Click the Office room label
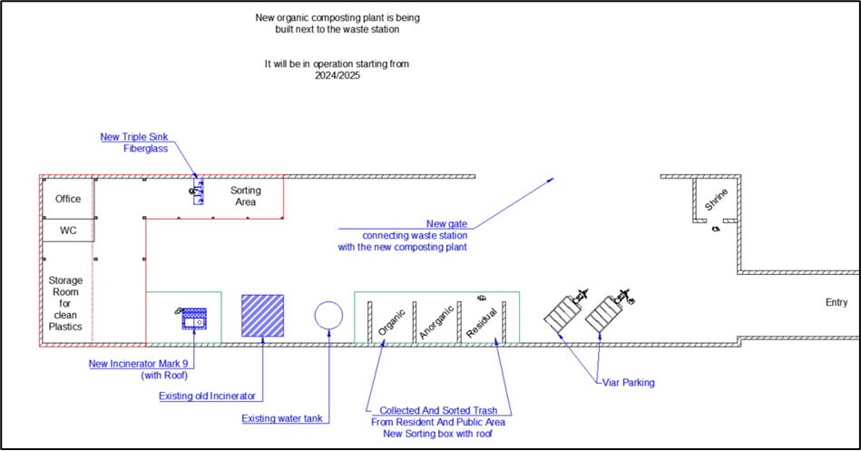[68, 199]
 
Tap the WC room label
[68, 230]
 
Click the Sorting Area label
[243, 196]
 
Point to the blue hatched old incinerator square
[263, 316]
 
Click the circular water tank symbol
[328, 315]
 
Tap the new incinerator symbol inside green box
[194, 318]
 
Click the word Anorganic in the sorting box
[436, 320]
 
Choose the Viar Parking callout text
[628, 382]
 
